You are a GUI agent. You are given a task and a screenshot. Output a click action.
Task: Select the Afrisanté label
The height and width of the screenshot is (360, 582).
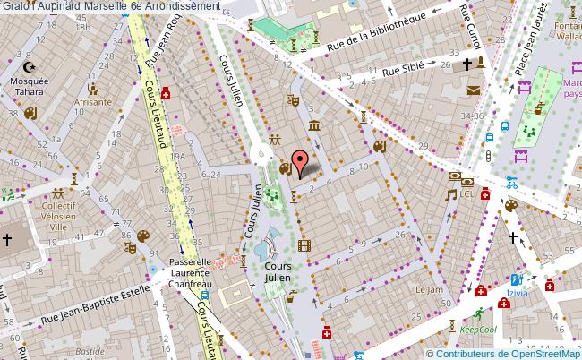[x=93, y=102]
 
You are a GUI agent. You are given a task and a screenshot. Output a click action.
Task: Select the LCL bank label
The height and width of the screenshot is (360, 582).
[x=466, y=193]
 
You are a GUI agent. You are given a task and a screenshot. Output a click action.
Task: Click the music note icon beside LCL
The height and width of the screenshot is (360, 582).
[x=452, y=193]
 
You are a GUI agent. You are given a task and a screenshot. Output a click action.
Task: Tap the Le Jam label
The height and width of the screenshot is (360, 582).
[x=429, y=289]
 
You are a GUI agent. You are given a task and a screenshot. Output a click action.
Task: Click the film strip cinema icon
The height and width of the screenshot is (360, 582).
[x=305, y=245]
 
